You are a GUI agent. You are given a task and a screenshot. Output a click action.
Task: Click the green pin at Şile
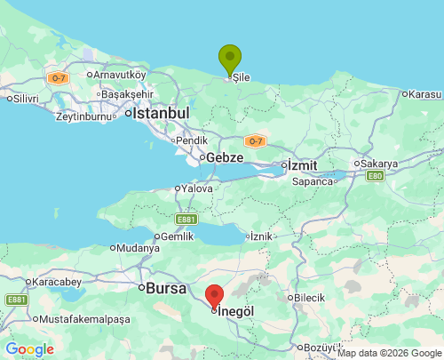pyautogui.click(x=230, y=59)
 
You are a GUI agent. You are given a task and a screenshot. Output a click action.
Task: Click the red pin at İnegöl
pyautogui.click(x=215, y=296)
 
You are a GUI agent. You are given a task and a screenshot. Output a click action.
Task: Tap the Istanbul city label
pyautogui.click(x=161, y=114)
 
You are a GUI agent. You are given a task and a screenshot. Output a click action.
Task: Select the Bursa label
pyautogui.click(x=166, y=288)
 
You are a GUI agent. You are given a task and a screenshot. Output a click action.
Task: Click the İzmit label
pyautogui.click(x=300, y=164)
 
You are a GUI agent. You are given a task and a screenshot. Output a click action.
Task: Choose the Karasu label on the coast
pyautogui.click(x=424, y=93)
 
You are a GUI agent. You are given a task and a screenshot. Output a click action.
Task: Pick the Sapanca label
pyautogui.click(x=314, y=180)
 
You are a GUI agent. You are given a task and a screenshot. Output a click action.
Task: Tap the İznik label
pyautogui.click(x=261, y=236)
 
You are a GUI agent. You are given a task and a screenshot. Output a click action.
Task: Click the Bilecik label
pyautogui.click(x=310, y=297)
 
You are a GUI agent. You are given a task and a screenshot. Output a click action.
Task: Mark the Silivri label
pyautogui.click(x=25, y=98)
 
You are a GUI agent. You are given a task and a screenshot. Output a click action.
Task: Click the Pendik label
pyautogui.click(x=191, y=140)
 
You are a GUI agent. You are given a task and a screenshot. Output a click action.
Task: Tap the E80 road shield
pyautogui.click(x=374, y=176)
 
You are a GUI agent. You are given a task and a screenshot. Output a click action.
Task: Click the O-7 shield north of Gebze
pyautogui.click(x=255, y=140)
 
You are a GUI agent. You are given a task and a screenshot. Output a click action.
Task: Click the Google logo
pyautogui.click(x=29, y=349)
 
